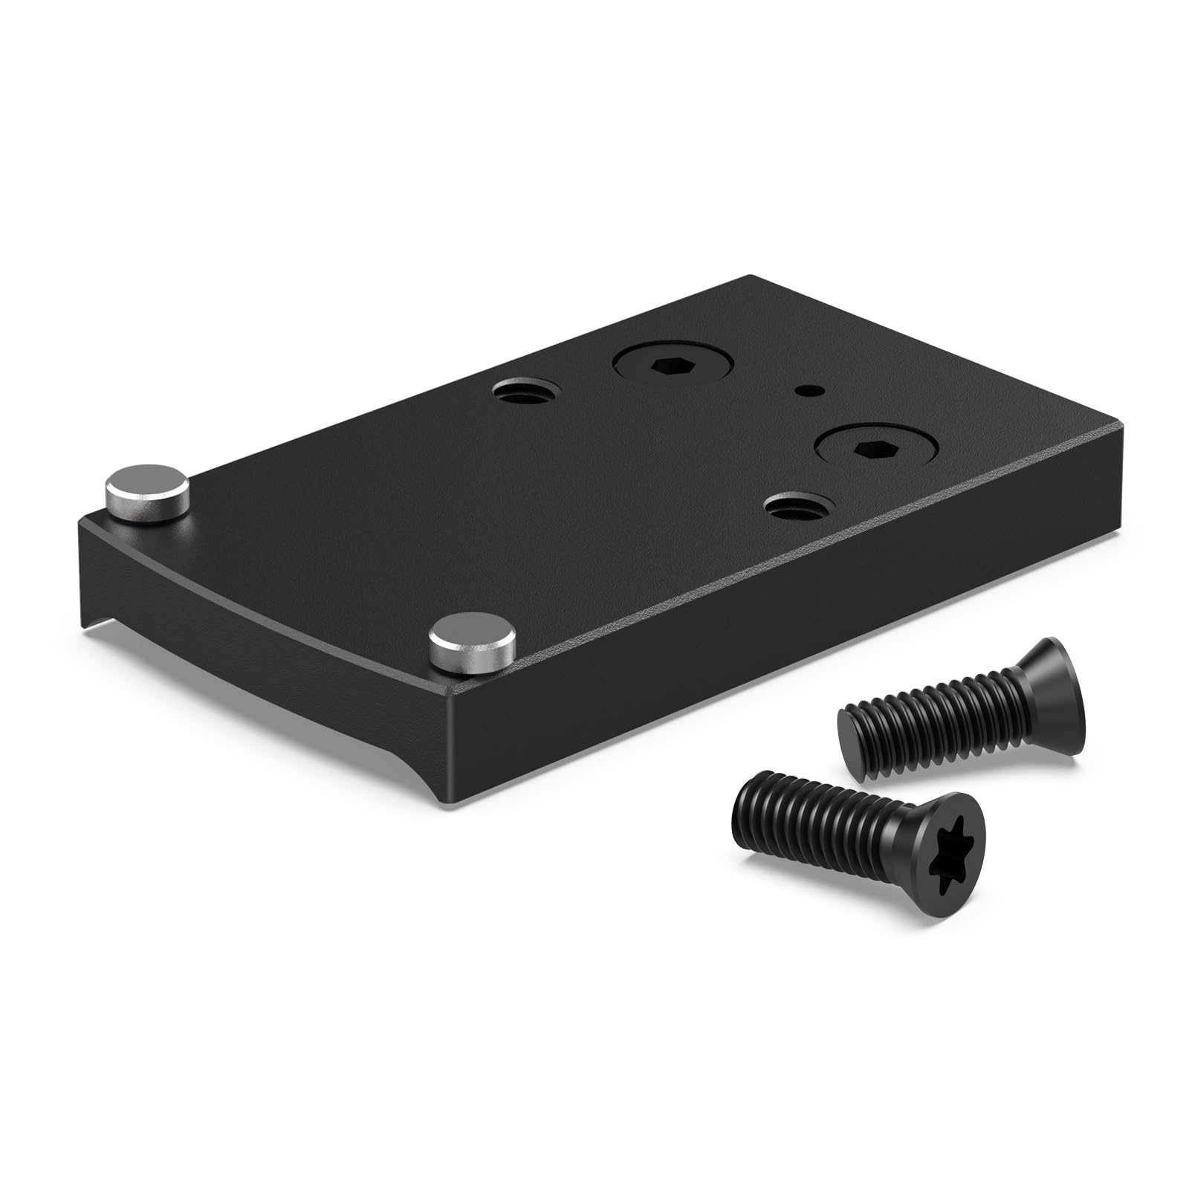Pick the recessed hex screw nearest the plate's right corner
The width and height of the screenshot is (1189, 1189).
click(x=876, y=449)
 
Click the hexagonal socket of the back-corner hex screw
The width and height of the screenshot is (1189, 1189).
click(x=673, y=366)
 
